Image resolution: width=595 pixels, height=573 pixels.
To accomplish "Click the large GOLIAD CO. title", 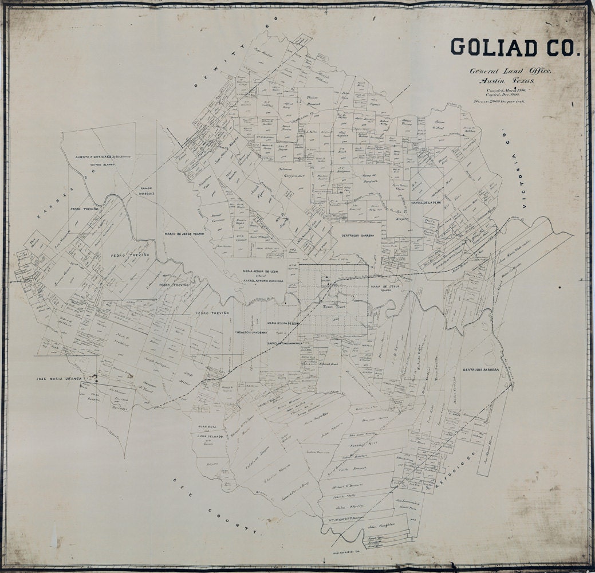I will (x=515, y=48).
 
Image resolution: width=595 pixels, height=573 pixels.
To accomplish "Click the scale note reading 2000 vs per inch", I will (x=508, y=101).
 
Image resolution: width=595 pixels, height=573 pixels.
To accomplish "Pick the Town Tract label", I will (x=330, y=307).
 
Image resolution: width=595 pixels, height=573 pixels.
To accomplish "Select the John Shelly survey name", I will (x=349, y=507).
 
